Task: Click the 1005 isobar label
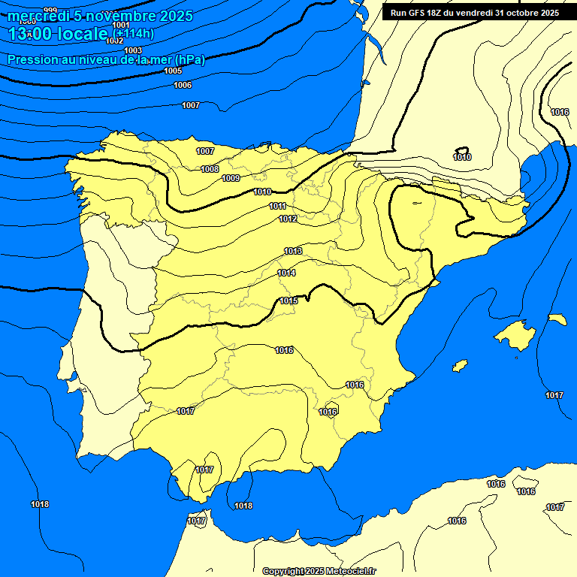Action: click(173, 71)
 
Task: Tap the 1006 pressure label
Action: click(183, 85)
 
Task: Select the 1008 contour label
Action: click(210, 169)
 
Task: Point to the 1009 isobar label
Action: click(231, 178)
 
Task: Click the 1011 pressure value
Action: click(278, 206)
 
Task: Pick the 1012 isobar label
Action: click(288, 219)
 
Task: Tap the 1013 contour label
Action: click(293, 251)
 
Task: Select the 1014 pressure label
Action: click(286, 273)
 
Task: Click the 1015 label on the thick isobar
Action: click(288, 301)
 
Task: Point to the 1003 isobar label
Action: click(133, 50)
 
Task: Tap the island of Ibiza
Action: click(459, 365)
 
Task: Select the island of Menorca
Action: click(557, 319)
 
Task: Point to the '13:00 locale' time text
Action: click(59, 34)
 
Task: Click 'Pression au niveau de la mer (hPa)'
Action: click(106, 59)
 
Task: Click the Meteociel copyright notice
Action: click(319, 571)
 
